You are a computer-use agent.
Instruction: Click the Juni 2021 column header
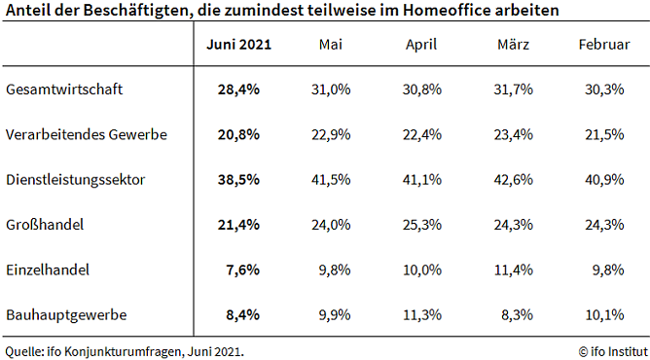(239, 46)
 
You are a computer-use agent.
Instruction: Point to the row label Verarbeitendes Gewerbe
(87, 134)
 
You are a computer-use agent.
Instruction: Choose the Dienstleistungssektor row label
(77, 180)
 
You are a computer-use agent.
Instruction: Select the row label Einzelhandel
(48, 270)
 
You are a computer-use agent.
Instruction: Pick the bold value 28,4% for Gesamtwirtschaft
(239, 90)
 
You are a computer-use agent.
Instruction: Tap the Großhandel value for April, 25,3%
(421, 225)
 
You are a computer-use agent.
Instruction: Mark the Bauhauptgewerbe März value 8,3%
(516, 315)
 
